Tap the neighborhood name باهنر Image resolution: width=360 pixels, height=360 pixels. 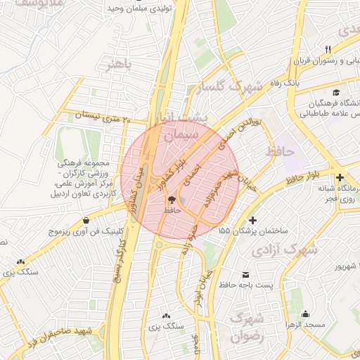[119, 66]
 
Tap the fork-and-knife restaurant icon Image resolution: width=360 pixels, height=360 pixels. [328, 49]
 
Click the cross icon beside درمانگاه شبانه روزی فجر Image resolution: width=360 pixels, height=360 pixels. [340, 179]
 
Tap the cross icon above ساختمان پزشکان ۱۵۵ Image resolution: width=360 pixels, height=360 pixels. [253, 221]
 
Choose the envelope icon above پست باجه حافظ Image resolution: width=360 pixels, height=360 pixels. [245, 274]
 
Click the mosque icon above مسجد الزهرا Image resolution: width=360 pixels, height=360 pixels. [305, 314]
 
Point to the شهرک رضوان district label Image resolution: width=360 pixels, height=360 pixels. [246, 328]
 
